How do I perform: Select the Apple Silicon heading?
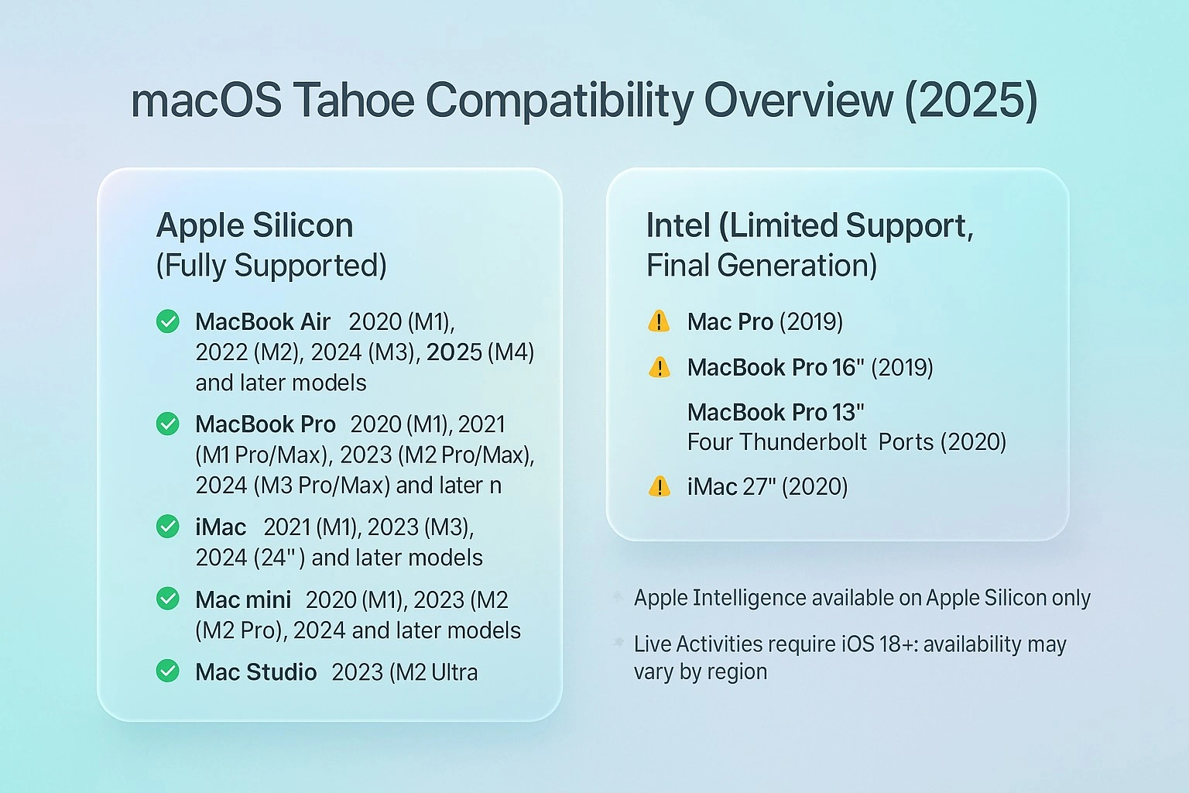tap(255, 225)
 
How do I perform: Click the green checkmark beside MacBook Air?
tap(168, 321)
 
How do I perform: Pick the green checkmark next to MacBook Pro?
tap(168, 424)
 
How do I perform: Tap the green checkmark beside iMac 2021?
tap(168, 527)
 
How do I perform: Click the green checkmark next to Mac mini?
tap(168, 599)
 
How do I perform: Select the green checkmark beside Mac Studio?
tap(168, 671)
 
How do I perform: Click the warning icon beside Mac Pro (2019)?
tap(659, 321)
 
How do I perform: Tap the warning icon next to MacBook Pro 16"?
tap(659, 366)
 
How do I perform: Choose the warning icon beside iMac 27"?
tap(659, 486)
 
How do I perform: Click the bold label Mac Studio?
tap(255, 671)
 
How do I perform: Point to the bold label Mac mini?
tap(243, 599)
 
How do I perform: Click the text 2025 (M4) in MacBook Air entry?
tap(480, 352)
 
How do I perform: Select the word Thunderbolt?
tap(804, 442)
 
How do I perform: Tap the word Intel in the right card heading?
tap(677, 225)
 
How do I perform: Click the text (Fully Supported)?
tap(271, 266)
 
